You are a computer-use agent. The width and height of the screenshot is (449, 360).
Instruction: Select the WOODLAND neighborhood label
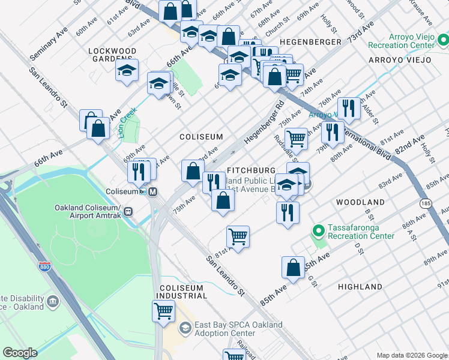(360, 202)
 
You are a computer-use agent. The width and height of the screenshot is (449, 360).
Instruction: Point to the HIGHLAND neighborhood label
(360, 287)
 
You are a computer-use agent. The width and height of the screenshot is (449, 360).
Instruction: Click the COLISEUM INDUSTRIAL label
(182, 292)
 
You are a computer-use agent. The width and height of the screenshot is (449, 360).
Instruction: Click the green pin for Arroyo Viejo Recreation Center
(443, 41)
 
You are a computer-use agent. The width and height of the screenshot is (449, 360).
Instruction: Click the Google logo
(20, 353)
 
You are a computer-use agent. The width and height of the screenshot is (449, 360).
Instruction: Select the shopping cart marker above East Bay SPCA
(163, 311)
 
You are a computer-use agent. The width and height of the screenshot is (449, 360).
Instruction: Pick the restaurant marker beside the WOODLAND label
(288, 211)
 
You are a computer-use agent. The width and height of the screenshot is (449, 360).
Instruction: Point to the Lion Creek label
(127, 123)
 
